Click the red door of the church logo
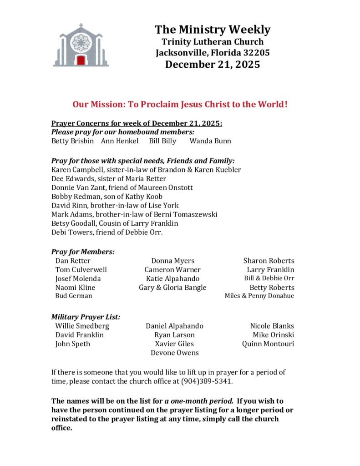pyautogui.click(x=81, y=60)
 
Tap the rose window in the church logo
pyautogui.click(x=81, y=42)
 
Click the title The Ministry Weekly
pyautogui.click(x=212, y=30)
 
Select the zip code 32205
pyautogui.click(x=256, y=53)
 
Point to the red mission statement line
pyautogui.click(x=180, y=104)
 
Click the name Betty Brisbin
pyautogui.click(x=73, y=141)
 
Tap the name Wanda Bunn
pyautogui.click(x=210, y=141)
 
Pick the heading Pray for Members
pyautogui.click(x=83, y=251)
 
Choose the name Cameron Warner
pyautogui.click(x=172, y=269)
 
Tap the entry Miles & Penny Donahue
pyautogui.click(x=259, y=296)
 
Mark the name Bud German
pyautogui.click(x=74, y=296)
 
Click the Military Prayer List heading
pyautogui.click(x=86, y=317)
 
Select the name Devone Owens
pyautogui.click(x=174, y=353)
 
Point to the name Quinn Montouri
pyautogui.click(x=268, y=344)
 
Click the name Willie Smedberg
pyautogui.click(x=82, y=326)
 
